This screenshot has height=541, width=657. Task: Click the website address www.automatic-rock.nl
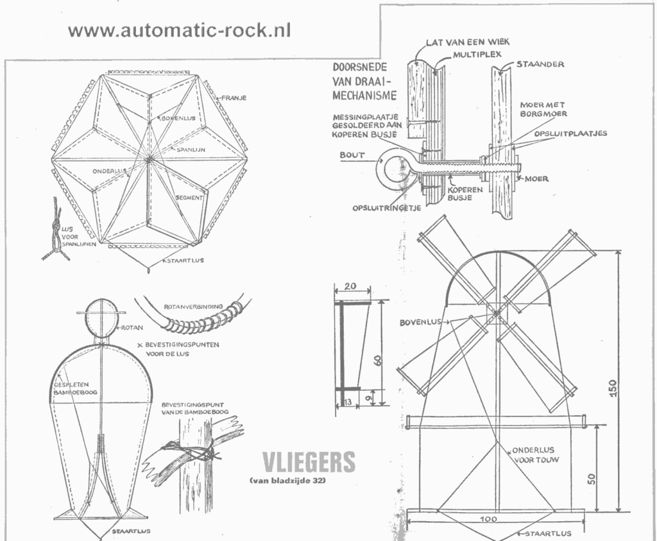(x=179, y=30)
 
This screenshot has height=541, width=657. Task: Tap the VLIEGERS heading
(x=308, y=462)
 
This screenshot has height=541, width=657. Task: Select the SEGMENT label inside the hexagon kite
(x=189, y=198)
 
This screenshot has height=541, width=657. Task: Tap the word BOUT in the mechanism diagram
(x=352, y=155)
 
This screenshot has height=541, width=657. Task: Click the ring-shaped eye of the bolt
(x=393, y=169)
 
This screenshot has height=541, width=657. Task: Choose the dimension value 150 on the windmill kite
(x=614, y=389)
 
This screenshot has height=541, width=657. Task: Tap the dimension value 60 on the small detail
(x=379, y=359)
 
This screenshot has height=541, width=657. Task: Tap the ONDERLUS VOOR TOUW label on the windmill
(x=533, y=454)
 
